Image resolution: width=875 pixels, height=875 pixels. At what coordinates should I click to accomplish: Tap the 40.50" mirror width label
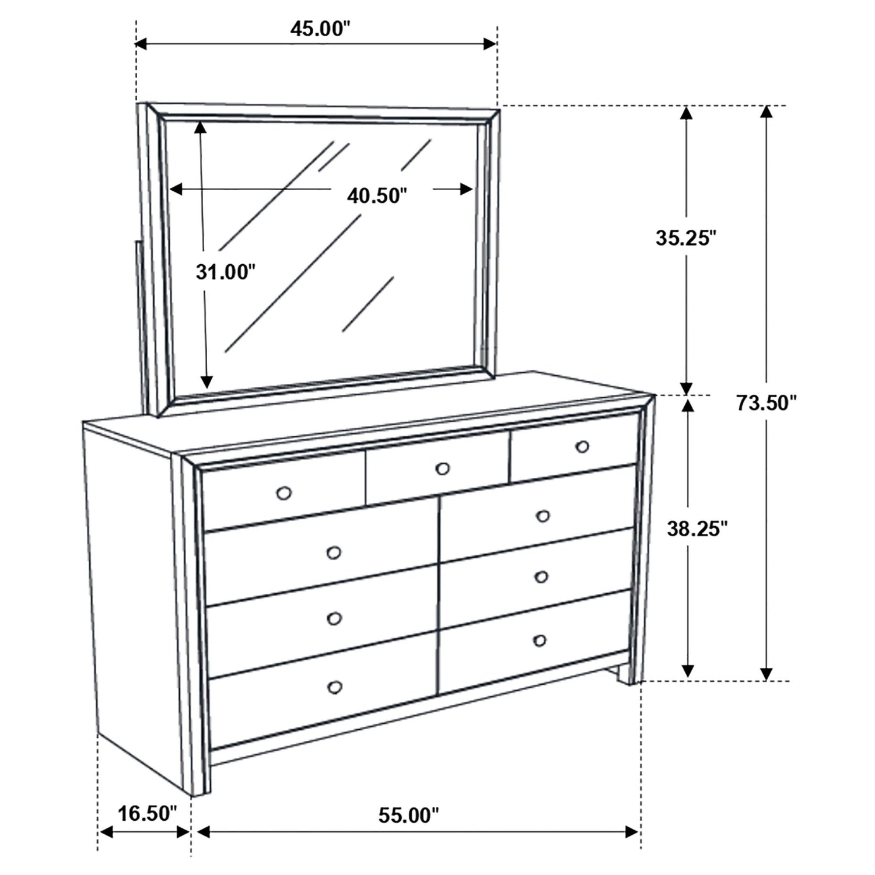tap(376, 195)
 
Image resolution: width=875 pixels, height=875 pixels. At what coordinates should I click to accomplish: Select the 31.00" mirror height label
tap(225, 271)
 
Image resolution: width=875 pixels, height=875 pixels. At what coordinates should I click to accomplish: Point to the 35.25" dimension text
tap(685, 237)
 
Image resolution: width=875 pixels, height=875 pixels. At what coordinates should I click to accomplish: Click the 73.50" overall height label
tap(766, 402)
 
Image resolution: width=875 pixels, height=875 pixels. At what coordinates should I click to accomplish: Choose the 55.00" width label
tap(408, 815)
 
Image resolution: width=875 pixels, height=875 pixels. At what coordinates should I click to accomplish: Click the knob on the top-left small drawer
tap(284, 494)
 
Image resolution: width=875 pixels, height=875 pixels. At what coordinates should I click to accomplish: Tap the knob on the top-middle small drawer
tap(443, 468)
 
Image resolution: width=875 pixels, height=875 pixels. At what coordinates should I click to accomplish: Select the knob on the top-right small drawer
tap(582, 447)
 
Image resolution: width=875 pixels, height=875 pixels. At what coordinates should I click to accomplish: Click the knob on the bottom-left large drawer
tap(335, 688)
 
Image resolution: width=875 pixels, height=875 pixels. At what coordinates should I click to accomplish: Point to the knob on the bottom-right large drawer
tap(540, 640)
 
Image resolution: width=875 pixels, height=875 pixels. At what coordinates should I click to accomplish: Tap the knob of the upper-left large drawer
tap(334, 552)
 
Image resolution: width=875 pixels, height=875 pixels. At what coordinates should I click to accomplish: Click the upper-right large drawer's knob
tap(542, 516)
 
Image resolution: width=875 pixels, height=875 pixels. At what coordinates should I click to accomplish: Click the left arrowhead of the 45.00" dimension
tap(142, 44)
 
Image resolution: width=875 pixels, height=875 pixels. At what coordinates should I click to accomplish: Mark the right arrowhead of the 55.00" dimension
tap(633, 832)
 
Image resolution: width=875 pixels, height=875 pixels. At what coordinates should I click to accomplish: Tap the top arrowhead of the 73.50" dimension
tap(766, 113)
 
